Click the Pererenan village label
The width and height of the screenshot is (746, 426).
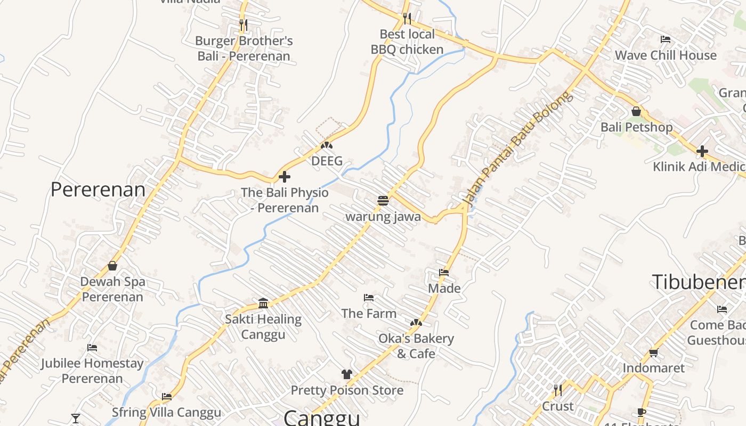[98, 190]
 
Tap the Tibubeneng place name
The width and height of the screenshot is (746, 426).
[699, 282]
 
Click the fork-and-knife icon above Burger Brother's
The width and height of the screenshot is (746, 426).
[243, 24]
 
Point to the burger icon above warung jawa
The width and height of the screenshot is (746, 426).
[383, 201]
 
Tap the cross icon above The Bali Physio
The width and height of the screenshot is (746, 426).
[285, 177]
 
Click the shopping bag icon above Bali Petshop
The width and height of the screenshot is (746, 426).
[636, 112]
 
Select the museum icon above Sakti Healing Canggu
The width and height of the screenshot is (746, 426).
[263, 303]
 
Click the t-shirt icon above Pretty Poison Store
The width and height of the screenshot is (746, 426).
[347, 374]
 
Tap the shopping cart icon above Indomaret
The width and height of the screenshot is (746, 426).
[654, 353]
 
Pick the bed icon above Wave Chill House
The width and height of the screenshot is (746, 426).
[665, 39]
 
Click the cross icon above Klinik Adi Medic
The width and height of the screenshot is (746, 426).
[702, 151]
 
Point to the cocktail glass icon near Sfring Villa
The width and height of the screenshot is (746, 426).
[76, 418]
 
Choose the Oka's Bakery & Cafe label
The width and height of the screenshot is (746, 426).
[416, 346]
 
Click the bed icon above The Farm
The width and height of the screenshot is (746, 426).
[369, 298]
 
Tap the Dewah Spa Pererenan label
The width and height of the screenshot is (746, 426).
[113, 289]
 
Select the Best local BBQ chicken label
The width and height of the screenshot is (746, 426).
[407, 42]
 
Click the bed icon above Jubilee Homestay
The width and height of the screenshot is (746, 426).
[92, 348]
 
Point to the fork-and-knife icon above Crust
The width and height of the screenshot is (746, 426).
[557, 390]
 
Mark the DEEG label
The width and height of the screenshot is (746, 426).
[327, 161]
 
